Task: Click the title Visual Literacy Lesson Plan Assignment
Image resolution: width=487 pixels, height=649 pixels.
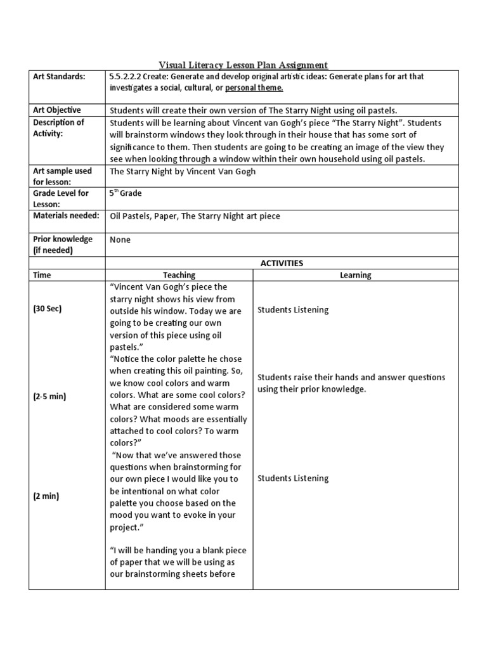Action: pyautogui.click(x=243, y=65)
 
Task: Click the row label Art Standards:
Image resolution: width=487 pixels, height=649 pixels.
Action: pyautogui.click(x=58, y=77)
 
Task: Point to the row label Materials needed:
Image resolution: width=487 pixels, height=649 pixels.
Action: pyautogui.click(x=66, y=215)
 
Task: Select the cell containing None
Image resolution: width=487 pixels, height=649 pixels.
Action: pyautogui.click(x=120, y=240)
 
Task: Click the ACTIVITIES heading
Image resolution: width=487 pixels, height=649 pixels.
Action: pyautogui.click(x=282, y=262)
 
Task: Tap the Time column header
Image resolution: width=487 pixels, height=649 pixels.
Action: pyautogui.click(x=42, y=275)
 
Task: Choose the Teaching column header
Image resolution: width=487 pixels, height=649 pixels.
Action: pyautogui.click(x=179, y=275)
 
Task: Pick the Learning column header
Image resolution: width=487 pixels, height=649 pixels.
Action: pyautogui.click(x=355, y=275)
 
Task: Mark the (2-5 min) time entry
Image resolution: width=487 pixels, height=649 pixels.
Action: pyautogui.click(x=49, y=396)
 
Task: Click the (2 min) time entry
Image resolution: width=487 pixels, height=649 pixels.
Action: pyautogui.click(x=46, y=496)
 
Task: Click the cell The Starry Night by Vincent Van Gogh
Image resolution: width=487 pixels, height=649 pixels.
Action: pyautogui.click(x=183, y=172)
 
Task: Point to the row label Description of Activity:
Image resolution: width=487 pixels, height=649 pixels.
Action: pyautogui.click(x=58, y=127)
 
